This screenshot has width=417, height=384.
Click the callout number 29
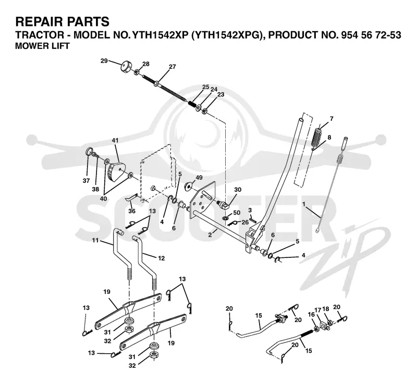coord(104,61)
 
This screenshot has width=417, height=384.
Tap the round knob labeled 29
coord(125,67)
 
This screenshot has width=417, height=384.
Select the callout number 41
coord(115,140)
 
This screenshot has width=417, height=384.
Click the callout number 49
coord(199,178)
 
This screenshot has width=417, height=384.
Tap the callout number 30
coord(238,190)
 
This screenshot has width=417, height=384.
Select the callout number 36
coord(132,211)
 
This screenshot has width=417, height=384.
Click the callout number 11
coord(95,240)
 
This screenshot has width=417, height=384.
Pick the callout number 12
coord(161,258)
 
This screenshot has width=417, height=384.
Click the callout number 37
coord(86,181)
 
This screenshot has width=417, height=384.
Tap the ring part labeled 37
coord(89,152)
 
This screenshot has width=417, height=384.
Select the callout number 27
coord(173,67)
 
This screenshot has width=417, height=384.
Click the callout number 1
coord(304,204)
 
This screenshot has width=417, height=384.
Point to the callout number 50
coord(237,213)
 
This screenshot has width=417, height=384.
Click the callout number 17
coord(318,309)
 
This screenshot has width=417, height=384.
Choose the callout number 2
coord(210,235)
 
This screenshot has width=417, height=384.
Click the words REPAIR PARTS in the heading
coord(62,21)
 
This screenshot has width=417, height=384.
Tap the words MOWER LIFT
coord(42,46)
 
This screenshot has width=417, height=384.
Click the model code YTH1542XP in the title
coord(161,35)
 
